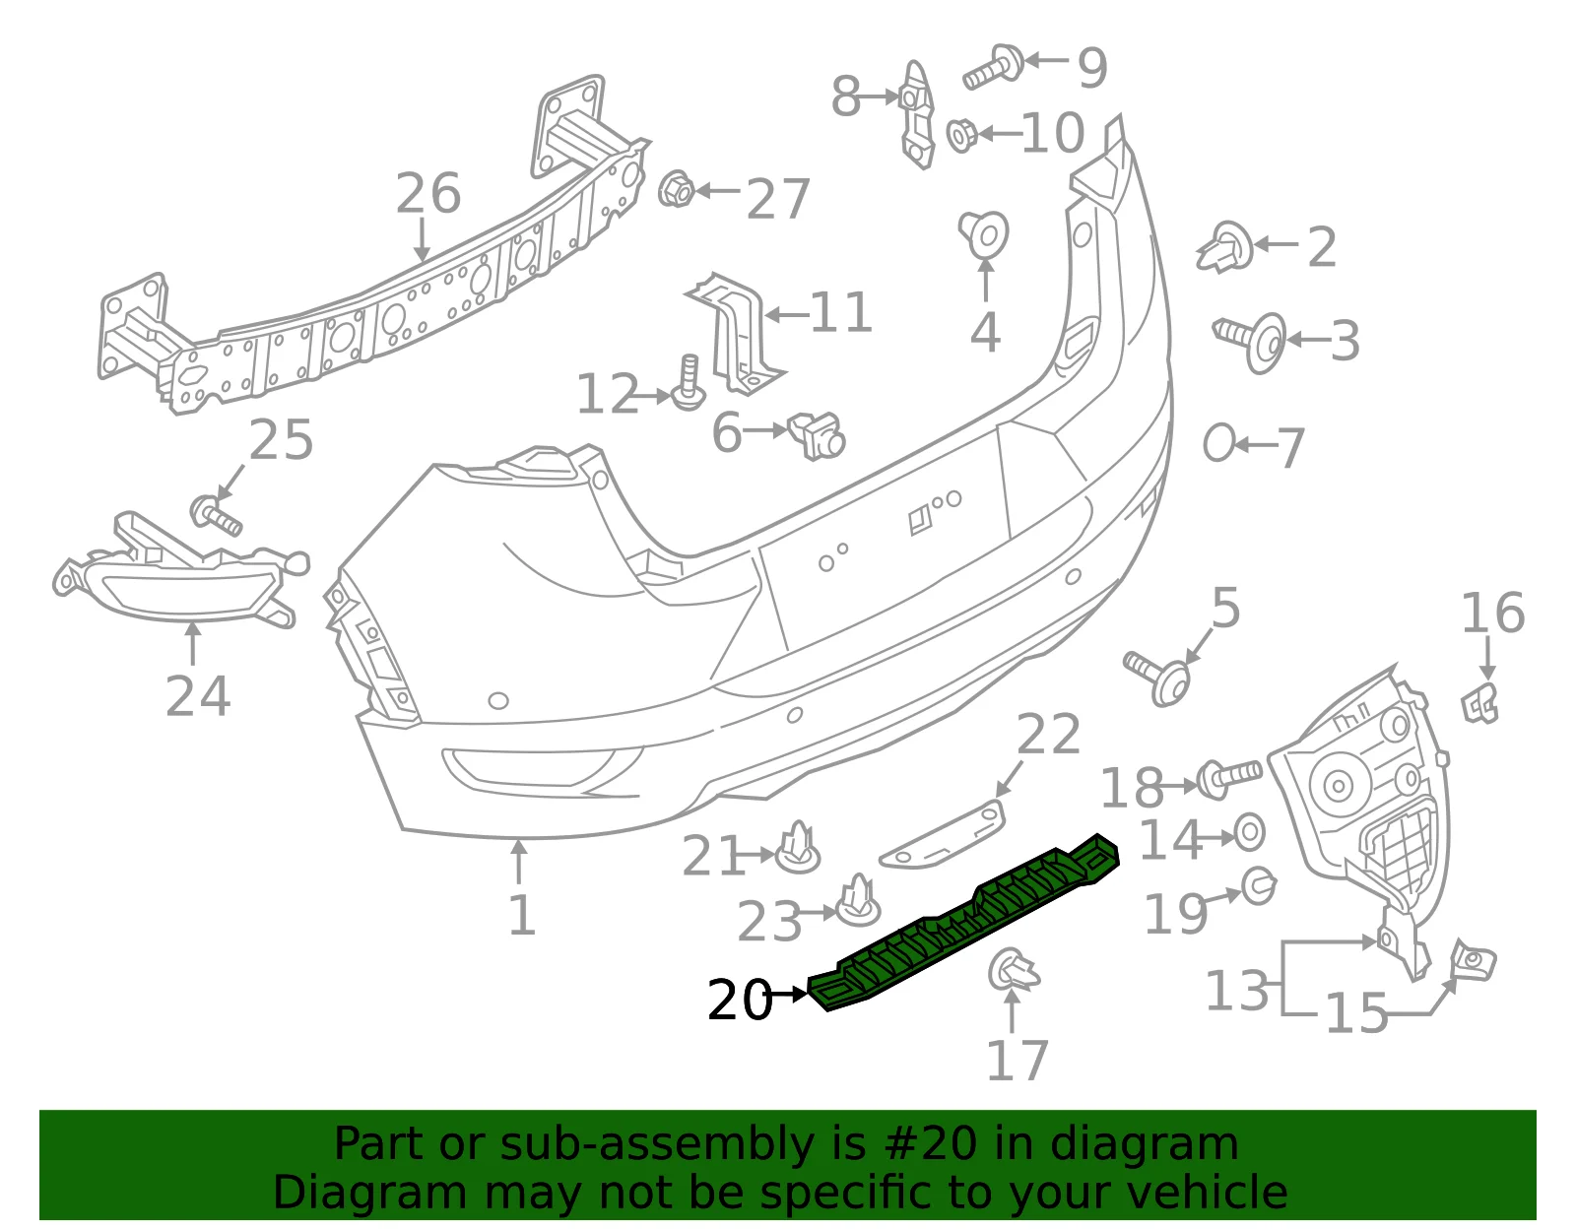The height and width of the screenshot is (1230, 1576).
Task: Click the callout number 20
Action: pyautogui.click(x=739, y=1001)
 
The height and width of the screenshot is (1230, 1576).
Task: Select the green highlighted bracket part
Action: pyautogui.click(x=964, y=922)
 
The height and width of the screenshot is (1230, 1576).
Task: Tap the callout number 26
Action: pyautogui.click(x=427, y=194)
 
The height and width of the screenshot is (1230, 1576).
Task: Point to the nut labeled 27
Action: pyautogui.click(x=676, y=189)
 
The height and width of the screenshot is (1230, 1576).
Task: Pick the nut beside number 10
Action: pyautogui.click(x=962, y=136)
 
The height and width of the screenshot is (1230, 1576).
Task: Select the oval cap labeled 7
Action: pyautogui.click(x=1218, y=443)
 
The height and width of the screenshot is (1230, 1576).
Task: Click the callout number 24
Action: pyautogui.click(x=198, y=696)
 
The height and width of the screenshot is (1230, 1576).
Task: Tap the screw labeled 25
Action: pyautogui.click(x=216, y=515)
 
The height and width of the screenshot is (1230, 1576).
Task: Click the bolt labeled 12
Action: pyautogui.click(x=689, y=383)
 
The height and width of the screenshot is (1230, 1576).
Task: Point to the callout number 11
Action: pyautogui.click(x=840, y=313)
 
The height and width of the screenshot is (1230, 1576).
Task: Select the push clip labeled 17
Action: pyautogui.click(x=1014, y=970)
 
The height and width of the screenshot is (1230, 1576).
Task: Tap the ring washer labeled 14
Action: pyautogui.click(x=1250, y=833)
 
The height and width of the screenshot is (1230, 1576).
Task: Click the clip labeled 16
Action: pyautogui.click(x=1480, y=703)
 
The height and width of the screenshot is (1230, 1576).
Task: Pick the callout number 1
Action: pyautogui.click(x=522, y=915)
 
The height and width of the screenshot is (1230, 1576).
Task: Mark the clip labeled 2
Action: pyautogui.click(x=1225, y=247)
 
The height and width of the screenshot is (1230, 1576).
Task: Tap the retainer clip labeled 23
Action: pyautogui.click(x=859, y=900)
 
